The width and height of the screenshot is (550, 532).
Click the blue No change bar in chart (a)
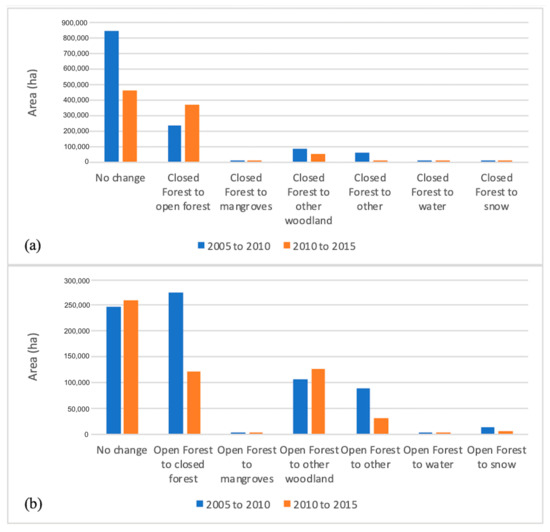[111, 96]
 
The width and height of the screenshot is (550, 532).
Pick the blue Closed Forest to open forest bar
[175, 143]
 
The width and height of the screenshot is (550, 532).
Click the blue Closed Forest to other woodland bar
[300, 155]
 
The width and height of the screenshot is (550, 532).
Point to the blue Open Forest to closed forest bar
[175, 363]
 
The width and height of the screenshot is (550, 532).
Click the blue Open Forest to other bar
[362, 411]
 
